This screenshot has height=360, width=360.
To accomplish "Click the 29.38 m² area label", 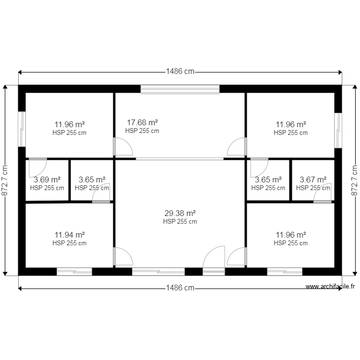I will click(180, 213).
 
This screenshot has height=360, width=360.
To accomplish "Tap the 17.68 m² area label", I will click(142, 122).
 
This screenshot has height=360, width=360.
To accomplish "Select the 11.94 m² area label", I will click(70, 235).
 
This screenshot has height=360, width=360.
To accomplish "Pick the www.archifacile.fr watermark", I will click(330, 287).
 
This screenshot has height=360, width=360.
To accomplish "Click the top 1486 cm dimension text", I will click(180, 72).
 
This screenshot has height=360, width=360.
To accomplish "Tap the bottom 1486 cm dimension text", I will click(180, 288).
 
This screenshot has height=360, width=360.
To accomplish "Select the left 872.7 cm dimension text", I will click(5, 181).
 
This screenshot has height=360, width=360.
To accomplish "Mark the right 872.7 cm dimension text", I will click(355, 181).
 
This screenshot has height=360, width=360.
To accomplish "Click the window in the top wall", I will click(180, 89).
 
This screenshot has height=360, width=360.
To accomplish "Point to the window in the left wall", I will click(22, 129).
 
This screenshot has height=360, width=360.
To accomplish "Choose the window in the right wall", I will click(338, 130).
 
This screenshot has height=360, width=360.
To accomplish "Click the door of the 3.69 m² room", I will click(37, 167).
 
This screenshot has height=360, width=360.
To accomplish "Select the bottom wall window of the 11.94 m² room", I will click(74, 272).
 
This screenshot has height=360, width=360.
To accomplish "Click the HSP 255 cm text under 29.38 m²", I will click(180, 222).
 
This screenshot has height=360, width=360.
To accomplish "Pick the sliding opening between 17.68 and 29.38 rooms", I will click(180, 158).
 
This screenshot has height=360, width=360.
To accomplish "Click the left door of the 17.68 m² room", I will click(122, 146).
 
